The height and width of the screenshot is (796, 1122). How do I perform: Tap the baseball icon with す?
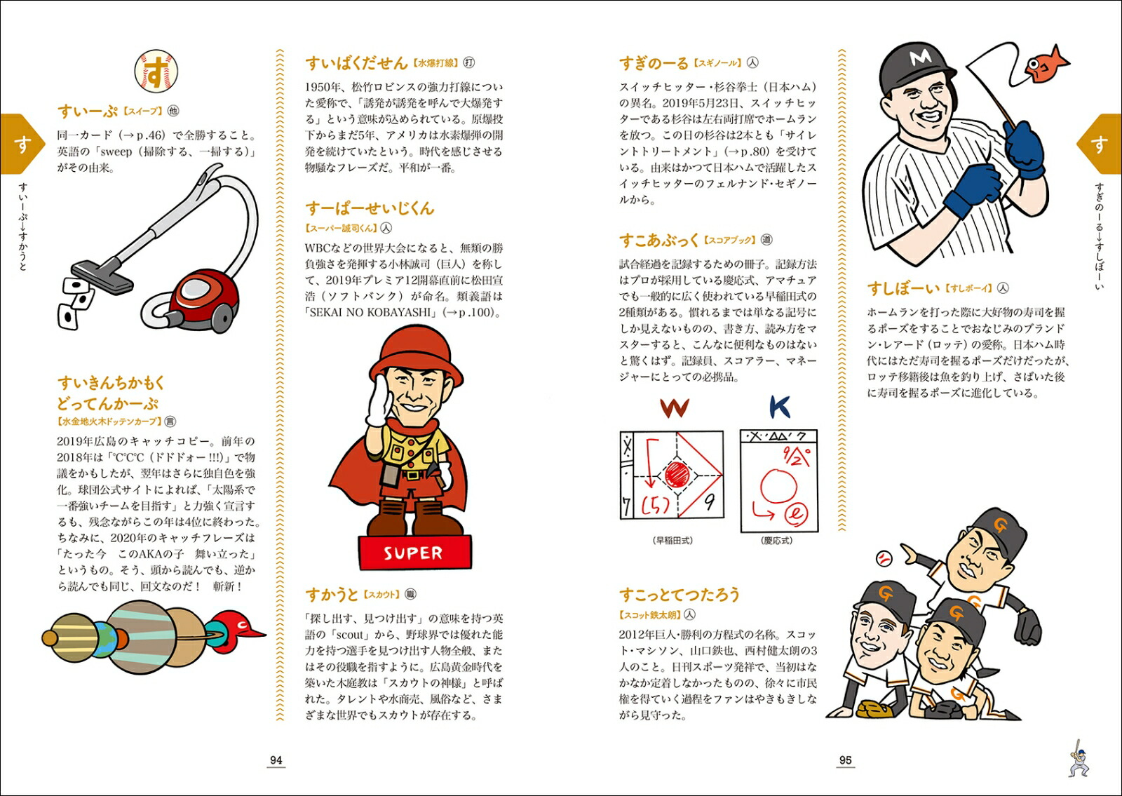156,71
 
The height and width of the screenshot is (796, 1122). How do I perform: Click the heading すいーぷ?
88,112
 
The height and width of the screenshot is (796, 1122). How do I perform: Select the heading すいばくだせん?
356,63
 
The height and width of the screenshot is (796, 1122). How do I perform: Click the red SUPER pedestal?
414,553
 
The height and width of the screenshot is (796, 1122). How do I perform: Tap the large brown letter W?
674,407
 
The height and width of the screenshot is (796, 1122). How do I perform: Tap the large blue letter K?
779,407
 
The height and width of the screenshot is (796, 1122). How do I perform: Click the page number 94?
276,760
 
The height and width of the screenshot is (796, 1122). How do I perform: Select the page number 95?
846,760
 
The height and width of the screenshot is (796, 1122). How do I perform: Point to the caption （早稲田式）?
672,541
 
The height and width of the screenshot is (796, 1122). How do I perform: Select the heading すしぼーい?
903,288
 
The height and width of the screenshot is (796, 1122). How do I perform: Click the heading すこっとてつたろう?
679,595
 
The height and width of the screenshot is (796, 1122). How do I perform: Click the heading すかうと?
332,595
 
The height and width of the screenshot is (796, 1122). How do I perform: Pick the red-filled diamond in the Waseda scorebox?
676,475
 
